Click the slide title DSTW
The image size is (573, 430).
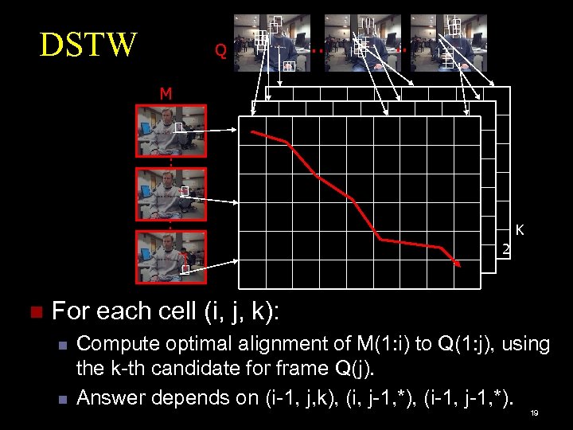(88, 45)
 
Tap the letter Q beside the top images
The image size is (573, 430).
(220, 52)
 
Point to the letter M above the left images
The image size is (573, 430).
(166, 94)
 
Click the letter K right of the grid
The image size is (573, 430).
(519, 231)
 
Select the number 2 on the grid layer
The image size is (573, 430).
(505, 251)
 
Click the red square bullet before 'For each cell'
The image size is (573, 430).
(33, 311)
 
